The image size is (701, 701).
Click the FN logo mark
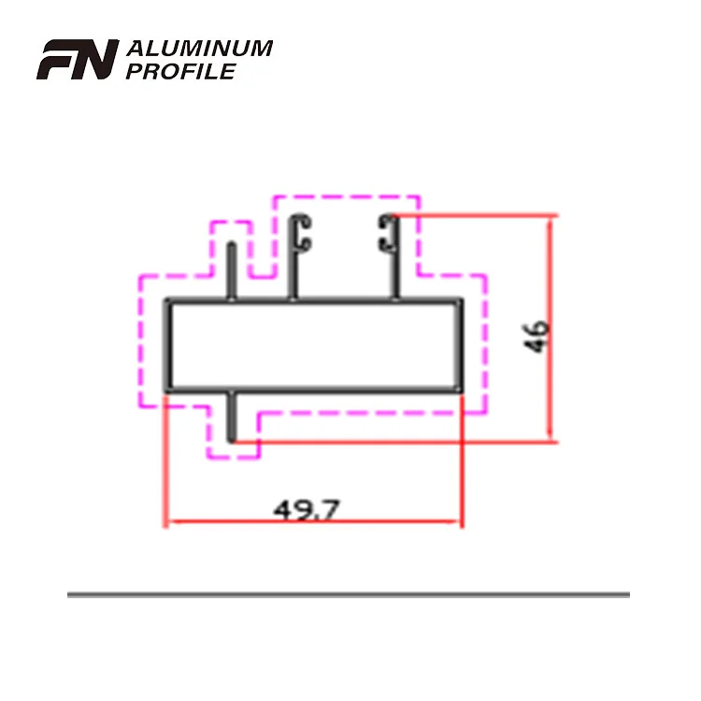coord(77,60)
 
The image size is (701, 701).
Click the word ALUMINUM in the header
coord(198,49)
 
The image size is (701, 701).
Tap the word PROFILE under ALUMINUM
coord(179,71)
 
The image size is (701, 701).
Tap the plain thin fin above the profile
coord(232,271)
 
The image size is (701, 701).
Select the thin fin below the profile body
coord(232,416)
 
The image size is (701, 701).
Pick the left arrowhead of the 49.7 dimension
coord(170,522)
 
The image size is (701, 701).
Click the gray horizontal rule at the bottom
coord(348,594)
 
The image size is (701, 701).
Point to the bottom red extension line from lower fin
coord(393,441)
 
